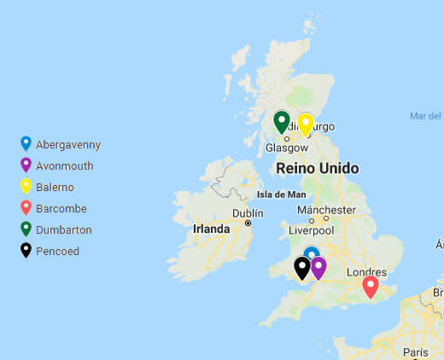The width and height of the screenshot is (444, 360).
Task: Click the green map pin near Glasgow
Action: tap(282, 121)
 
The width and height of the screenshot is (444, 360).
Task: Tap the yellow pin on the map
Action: tap(305, 124)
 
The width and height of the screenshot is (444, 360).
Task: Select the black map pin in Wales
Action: tap(302, 267)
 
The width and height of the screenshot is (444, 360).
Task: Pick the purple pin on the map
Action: tap(318, 267)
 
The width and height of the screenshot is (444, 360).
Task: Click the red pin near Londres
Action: tap(371, 286)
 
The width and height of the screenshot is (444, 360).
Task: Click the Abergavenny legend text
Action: tap(68, 145)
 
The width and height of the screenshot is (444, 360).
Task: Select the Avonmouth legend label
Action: tap(65, 166)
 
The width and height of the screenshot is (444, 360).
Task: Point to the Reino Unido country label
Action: tap(317, 169)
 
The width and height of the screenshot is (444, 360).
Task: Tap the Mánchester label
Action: tap(326, 210)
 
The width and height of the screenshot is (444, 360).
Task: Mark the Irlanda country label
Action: tap(211, 229)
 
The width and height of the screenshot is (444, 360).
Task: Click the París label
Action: tap(415, 352)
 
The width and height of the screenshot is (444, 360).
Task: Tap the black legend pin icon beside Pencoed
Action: tap(26, 251)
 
